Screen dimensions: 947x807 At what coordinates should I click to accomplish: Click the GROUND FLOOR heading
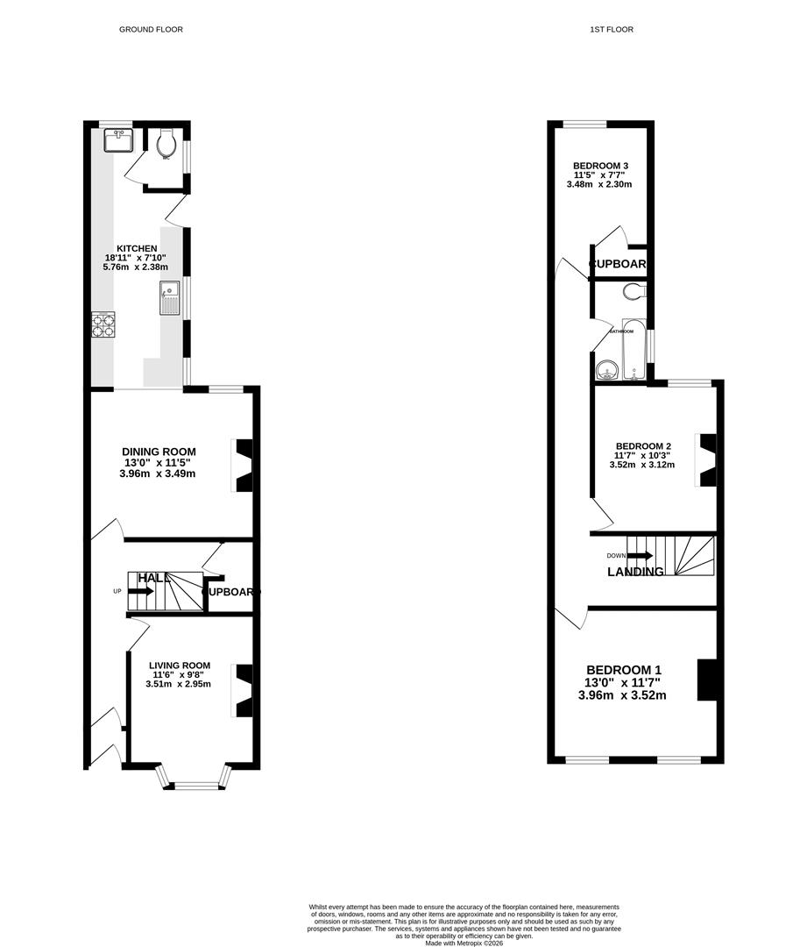point(151,30)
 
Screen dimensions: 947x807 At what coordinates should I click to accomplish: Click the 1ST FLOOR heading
point(612,30)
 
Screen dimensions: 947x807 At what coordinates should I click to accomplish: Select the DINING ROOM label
point(159,452)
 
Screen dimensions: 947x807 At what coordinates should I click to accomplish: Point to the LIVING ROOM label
point(180,665)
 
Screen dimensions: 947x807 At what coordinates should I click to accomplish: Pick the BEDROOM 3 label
point(600,166)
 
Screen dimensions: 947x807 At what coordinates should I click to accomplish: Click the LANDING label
point(635,572)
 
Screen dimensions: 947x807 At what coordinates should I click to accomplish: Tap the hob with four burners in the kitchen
point(103,325)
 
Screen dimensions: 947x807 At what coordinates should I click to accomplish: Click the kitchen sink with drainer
point(170,299)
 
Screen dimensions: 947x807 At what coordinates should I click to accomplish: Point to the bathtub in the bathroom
point(634,351)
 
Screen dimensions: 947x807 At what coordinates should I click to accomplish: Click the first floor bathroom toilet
point(634,291)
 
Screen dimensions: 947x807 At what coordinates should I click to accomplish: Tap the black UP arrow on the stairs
point(140,592)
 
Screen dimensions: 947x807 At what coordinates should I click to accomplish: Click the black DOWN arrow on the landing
point(641,555)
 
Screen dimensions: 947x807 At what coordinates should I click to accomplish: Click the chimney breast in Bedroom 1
point(706,680)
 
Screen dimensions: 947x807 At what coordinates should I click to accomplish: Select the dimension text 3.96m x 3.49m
point(159,473)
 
